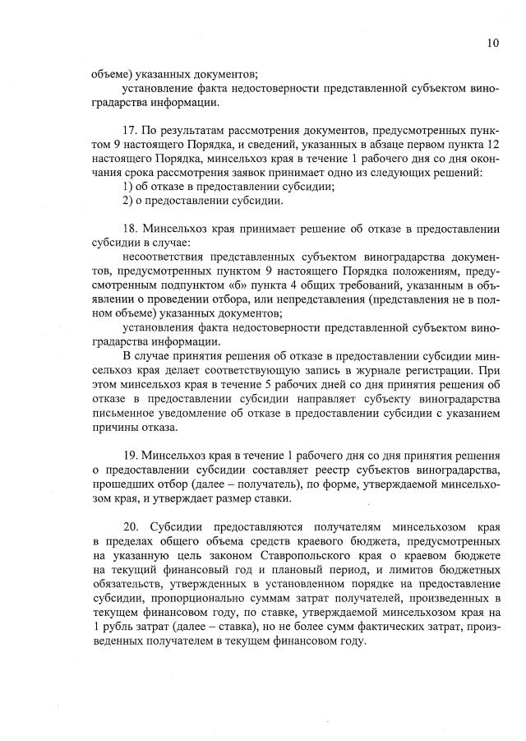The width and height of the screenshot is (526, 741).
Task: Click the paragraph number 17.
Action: pyautogui.click(x=128, y=130)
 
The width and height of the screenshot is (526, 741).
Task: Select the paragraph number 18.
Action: pyautogui.click(x=129, y=228)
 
